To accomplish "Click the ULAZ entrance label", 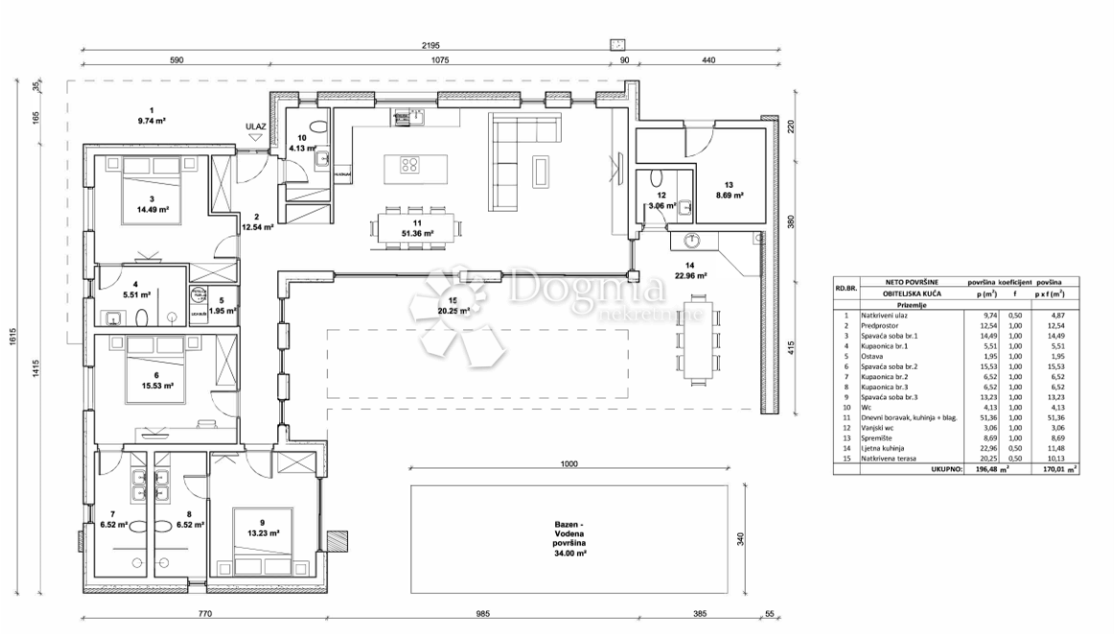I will [255, 126].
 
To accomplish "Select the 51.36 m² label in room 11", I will [418, 232].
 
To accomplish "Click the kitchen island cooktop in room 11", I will [409, 164].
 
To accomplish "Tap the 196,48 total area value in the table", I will [984, 470].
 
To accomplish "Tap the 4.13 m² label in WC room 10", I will [304, 149].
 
